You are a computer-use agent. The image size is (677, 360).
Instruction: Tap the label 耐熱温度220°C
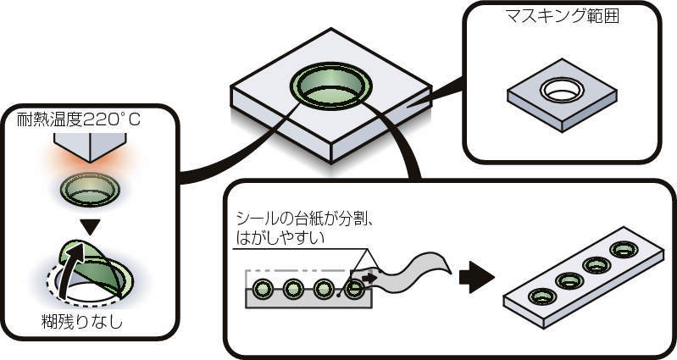79,120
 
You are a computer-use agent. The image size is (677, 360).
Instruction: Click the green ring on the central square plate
330,86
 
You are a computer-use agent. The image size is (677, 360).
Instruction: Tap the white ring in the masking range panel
560,88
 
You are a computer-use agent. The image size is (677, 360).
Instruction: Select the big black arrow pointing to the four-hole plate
476,275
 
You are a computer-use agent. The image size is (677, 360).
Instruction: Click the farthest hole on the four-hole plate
625,249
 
